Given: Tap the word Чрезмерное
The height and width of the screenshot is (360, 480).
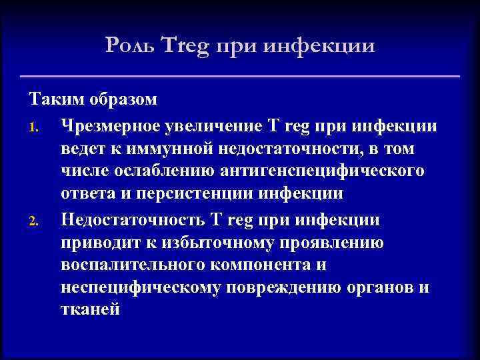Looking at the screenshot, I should click(x=116, y=124).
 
